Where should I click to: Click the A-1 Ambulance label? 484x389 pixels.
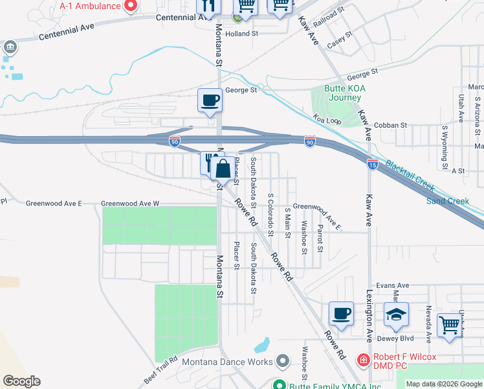coord(90,6)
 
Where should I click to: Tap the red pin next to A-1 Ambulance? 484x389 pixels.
coord(130,6)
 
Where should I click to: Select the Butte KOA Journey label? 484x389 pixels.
coord(335,93)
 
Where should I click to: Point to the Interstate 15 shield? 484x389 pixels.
coord(372,164)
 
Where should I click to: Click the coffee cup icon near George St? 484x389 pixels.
coord(210,100)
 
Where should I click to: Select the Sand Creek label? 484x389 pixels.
coord(447,201)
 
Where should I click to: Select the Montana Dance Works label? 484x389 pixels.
coord(227,362)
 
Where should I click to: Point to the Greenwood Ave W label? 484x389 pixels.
coord(130,204)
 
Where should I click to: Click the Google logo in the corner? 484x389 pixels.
coord(21,381)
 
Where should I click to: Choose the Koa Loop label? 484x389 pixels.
coord(327,119)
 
